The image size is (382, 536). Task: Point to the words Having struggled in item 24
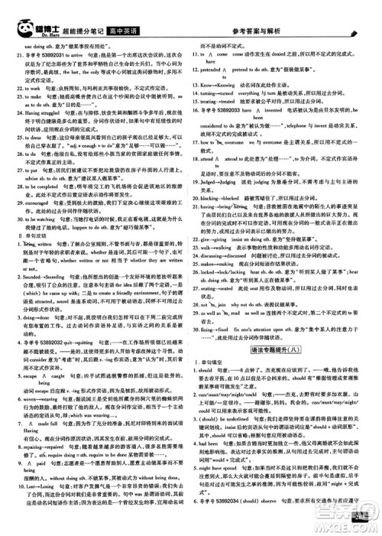[43, 132]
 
